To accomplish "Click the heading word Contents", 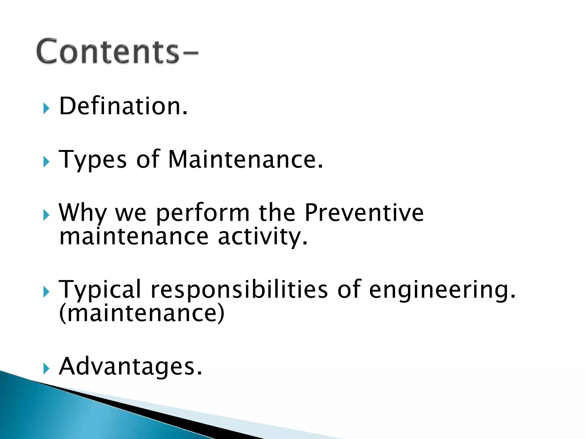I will click(108, 51).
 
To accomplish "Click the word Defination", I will click(123, 106).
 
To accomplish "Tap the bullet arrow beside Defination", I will click(46, 109).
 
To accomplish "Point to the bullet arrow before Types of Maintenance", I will click(46, 162).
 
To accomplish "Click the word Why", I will click(82, 213).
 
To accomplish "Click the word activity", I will click(263, 237).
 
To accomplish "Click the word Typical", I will click(100, 290).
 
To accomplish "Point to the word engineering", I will click(442, 290).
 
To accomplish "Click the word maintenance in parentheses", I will click(142, 313).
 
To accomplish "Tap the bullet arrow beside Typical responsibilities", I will click(46, 292).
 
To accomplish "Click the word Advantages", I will click(130, 366).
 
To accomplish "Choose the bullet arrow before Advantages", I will click(46, 369).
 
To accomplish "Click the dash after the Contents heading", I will click(189, 53).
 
